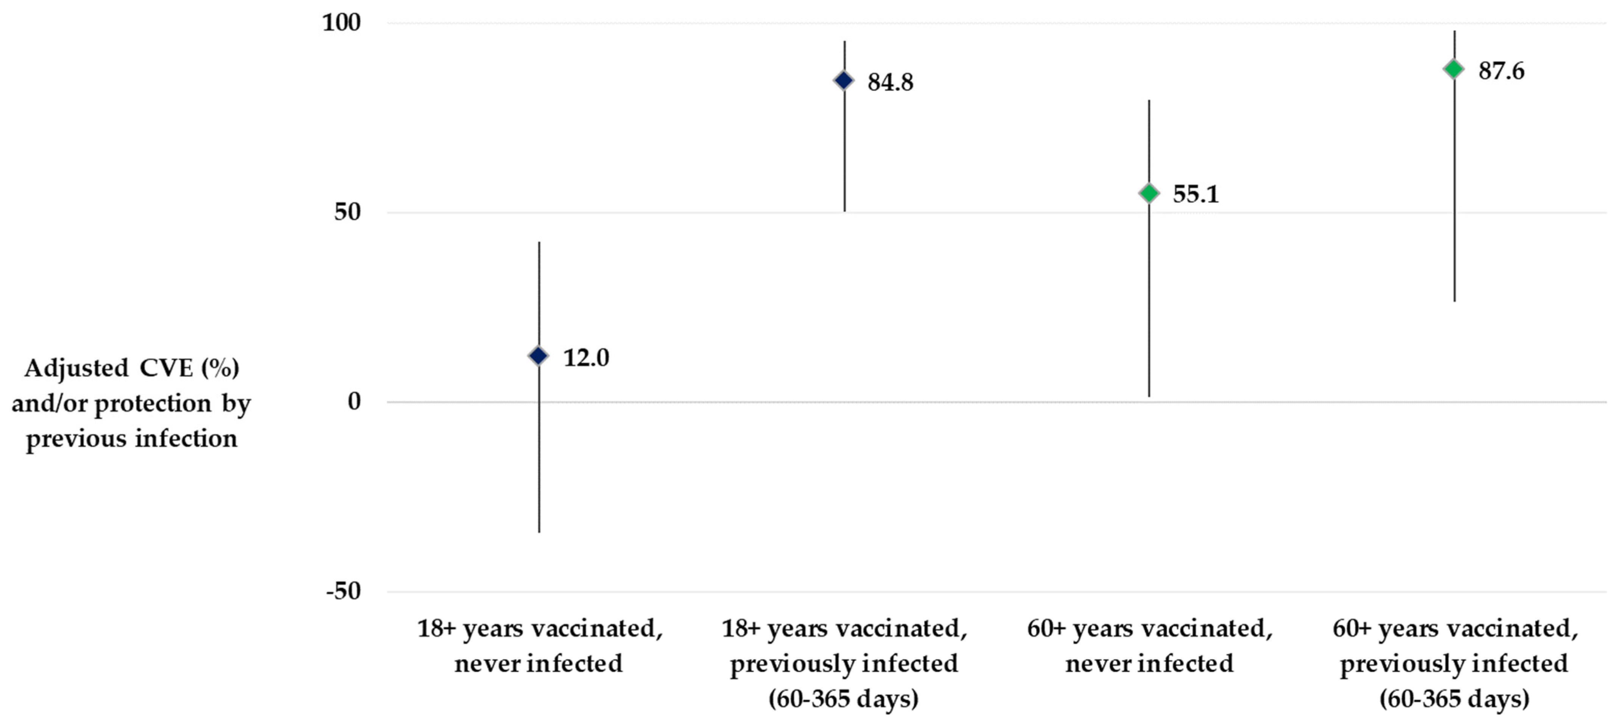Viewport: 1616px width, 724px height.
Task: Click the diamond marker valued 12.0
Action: pyautogui.click(x=538, y=356)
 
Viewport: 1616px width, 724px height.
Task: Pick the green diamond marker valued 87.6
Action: pyautogui.click(x=1454, y=69)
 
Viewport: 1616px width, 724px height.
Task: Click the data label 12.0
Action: pyautogui.click(x=586, y=358)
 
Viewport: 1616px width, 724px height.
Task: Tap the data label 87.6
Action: pyautogui.click(x=1501, y=71)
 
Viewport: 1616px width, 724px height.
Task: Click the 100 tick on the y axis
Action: pyautogui.click(x=341, y=23)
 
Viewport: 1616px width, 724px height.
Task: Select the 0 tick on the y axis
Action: pyautogui.click(x=355, y=402)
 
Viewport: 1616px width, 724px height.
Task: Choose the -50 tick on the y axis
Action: pyautogui.click(x=343, y=591)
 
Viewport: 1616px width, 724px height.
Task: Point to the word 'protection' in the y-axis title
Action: pyautogui.click(x=153, y=403)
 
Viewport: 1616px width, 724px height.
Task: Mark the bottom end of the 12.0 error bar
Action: pyautogui.click(x=539, y=532)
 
